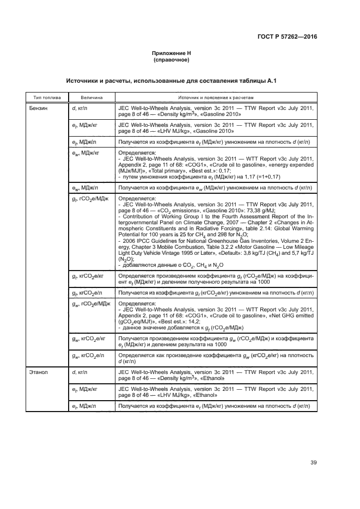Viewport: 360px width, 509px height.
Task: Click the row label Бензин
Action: pos(39,108)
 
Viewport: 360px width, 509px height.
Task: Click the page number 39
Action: pos(314,463)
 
